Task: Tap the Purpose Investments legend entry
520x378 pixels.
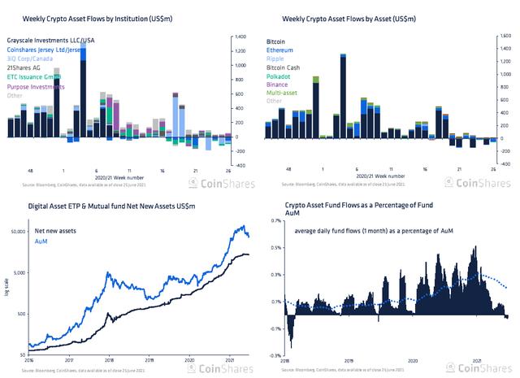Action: [x=36, y=87]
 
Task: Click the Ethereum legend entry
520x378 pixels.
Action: [x=282, y=50]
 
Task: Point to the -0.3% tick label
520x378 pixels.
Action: [x=275, y=356]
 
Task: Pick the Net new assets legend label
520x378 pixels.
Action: [x=54, y=230]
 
